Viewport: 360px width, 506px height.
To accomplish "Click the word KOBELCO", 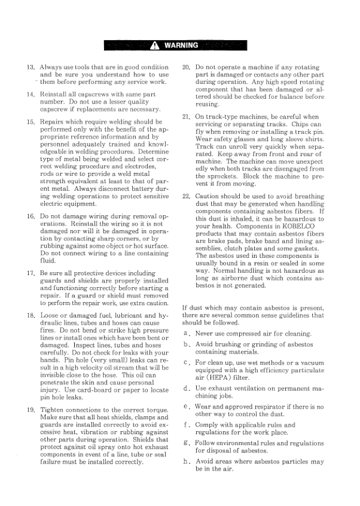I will click(x=307, y=235).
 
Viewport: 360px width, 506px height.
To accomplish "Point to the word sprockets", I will click(x=212, y=176).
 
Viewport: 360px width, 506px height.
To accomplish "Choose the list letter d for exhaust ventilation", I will click(x=187, y=389).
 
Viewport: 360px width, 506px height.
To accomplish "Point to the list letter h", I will click(x=187, y=461).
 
